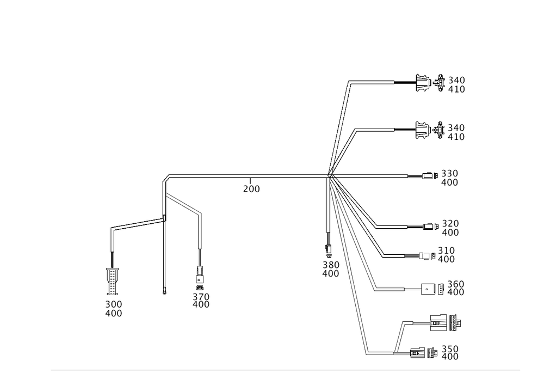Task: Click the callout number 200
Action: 251,189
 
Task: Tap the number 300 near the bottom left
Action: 114,304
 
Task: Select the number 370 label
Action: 201,297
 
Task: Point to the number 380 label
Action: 331,265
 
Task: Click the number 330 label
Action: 450,174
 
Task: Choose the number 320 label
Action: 450,224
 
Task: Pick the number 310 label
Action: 446,250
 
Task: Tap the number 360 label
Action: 455,284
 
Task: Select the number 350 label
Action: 450,349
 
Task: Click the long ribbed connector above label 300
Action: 112,282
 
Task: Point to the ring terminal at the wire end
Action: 164,292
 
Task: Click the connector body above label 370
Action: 199,275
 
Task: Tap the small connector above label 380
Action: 328,248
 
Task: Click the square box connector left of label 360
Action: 428,289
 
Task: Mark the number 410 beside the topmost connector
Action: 456,89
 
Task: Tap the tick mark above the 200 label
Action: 250,181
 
